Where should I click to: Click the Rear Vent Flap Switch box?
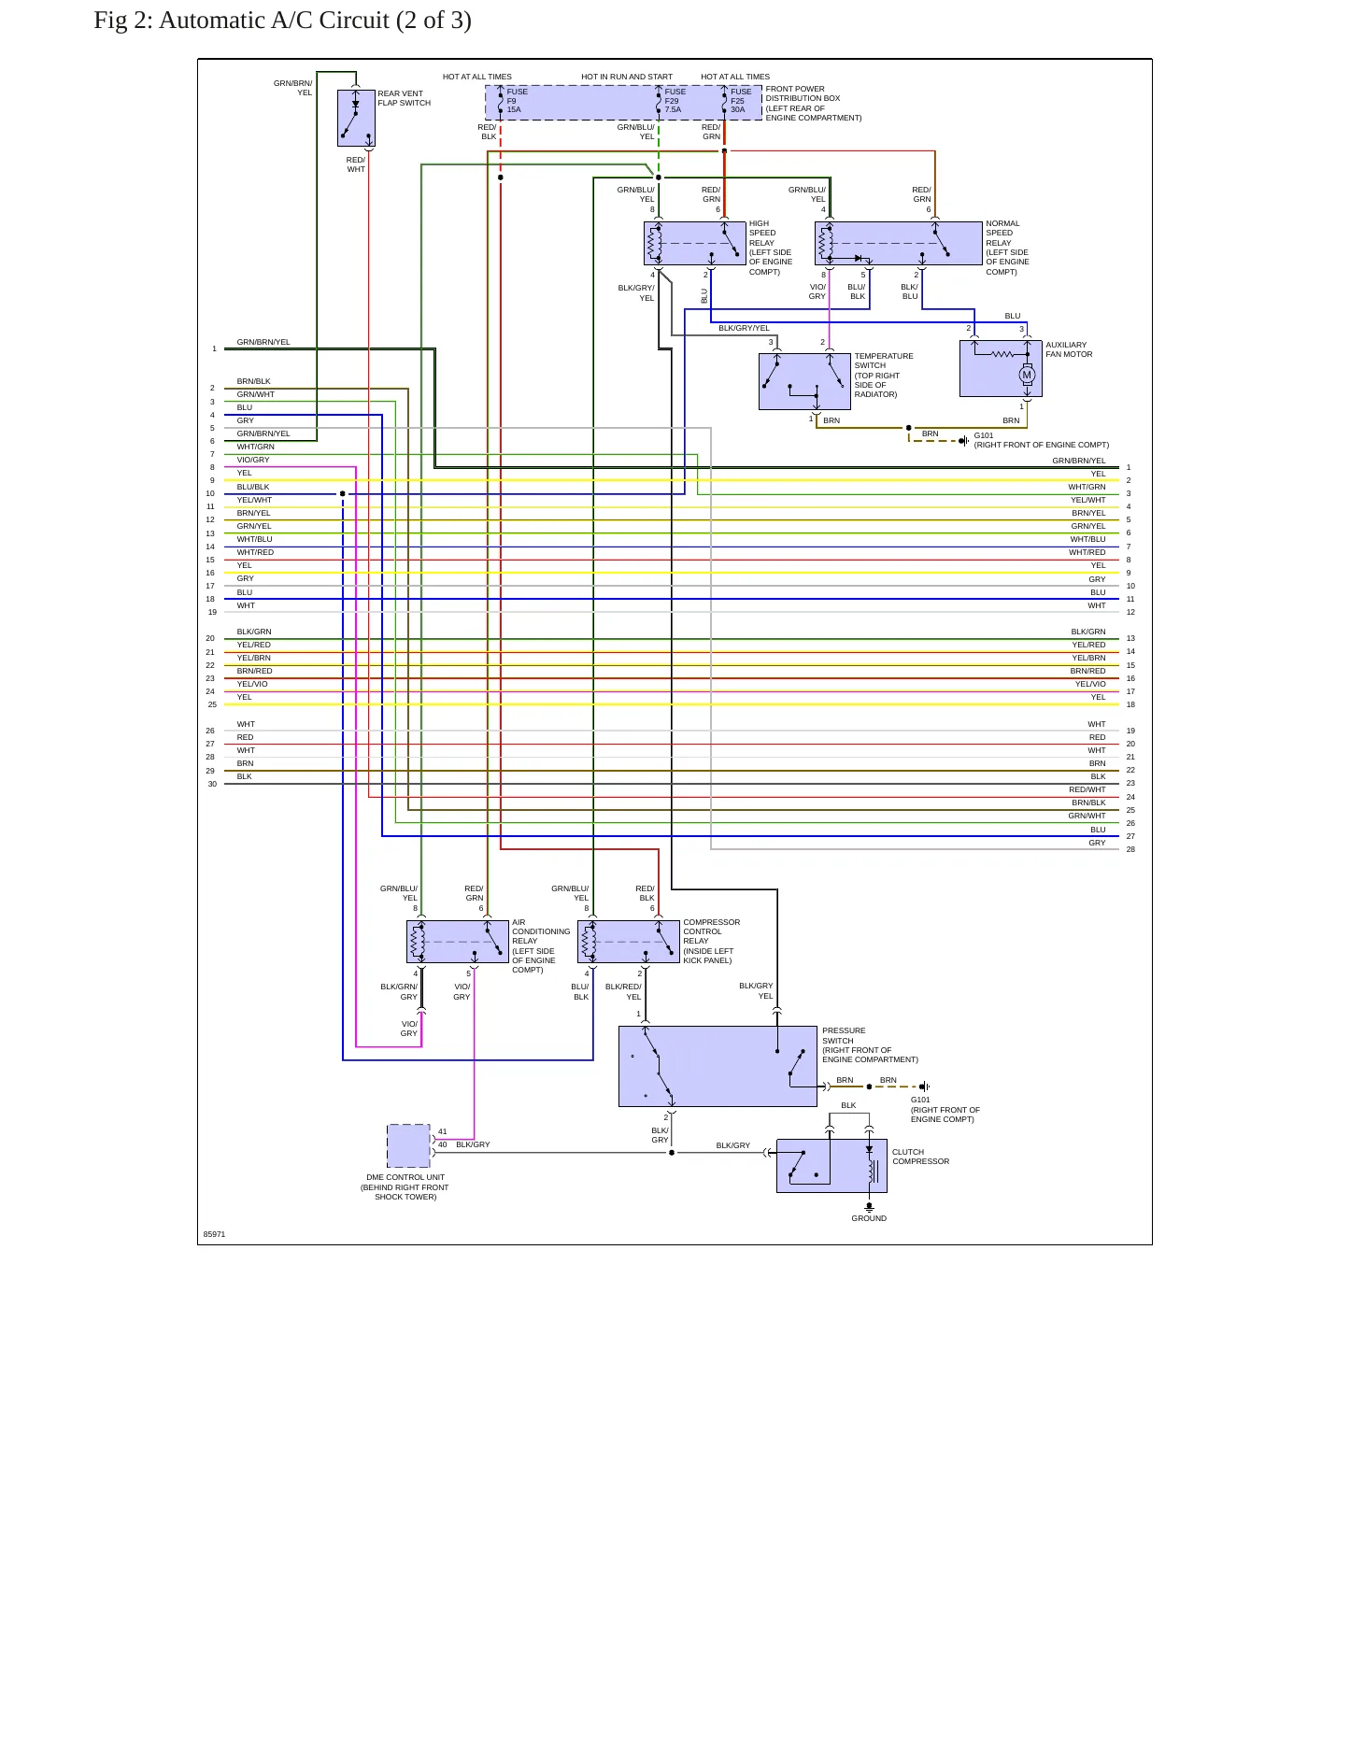(356, 118)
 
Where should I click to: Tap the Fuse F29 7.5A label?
(675, 101)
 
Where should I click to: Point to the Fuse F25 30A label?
(741, 101)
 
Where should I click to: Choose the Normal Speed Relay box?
(899, 244)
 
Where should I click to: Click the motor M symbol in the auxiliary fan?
(1027, 376)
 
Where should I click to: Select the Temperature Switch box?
(804, 381)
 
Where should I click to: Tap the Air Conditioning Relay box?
(458, 942)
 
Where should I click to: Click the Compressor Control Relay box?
(629, 942)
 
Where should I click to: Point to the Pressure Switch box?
(718, 1066)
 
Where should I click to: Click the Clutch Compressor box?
(831, 1166)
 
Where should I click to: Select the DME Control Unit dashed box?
(408, 1145)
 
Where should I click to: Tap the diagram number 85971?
(214, 1234)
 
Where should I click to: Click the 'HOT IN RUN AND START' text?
(627, 77)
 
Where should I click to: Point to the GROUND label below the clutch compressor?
(869, 1218)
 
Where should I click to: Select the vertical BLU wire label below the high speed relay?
(704, 296)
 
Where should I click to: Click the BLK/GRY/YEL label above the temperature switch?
(744, 328)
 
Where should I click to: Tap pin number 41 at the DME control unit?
(443, 1131)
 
